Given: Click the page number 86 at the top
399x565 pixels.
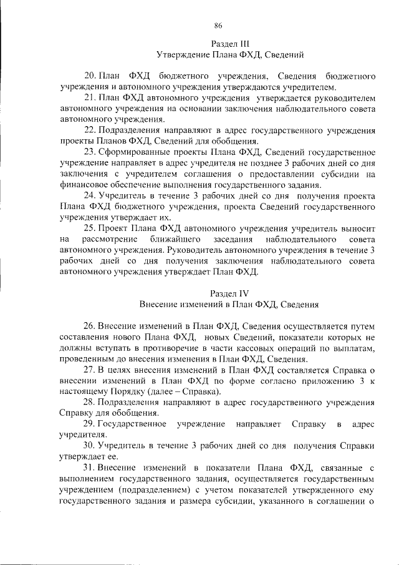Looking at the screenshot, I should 218,26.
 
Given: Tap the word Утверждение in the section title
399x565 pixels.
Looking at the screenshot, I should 186,55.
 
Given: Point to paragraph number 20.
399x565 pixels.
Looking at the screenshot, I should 90,76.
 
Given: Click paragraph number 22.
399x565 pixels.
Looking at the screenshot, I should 90,130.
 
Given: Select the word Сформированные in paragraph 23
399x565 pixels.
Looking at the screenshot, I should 133,152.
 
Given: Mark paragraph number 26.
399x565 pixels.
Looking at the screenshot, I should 90,326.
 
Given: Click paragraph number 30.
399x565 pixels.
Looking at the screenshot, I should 90,446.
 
